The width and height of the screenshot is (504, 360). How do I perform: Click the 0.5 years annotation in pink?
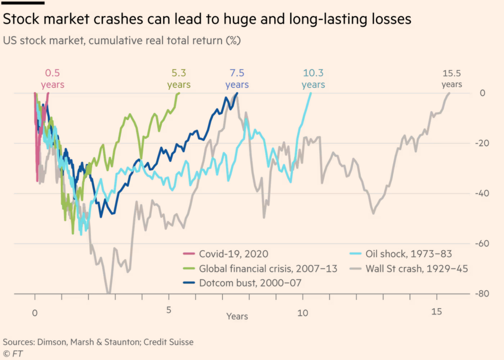tap(52, 79)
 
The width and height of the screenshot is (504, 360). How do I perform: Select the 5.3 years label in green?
tap(179, 79)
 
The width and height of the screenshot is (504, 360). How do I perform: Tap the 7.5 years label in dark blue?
tap(237, 79)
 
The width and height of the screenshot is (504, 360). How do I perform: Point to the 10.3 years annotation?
tap(313, 79)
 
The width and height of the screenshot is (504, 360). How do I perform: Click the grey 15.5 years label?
tap(452, 79)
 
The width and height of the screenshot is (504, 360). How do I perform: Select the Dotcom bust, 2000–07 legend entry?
tap(250, 283)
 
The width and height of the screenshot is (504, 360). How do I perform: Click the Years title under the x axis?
tap(237, 317)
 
